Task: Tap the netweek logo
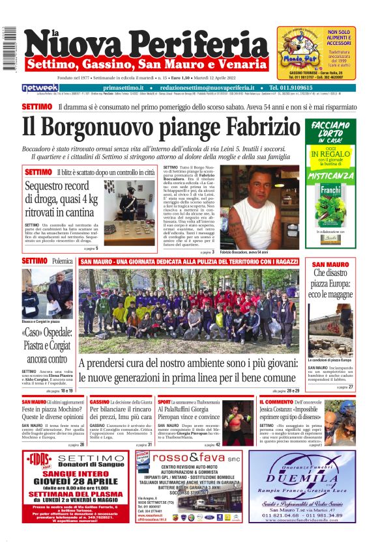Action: (x=40, y=88)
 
